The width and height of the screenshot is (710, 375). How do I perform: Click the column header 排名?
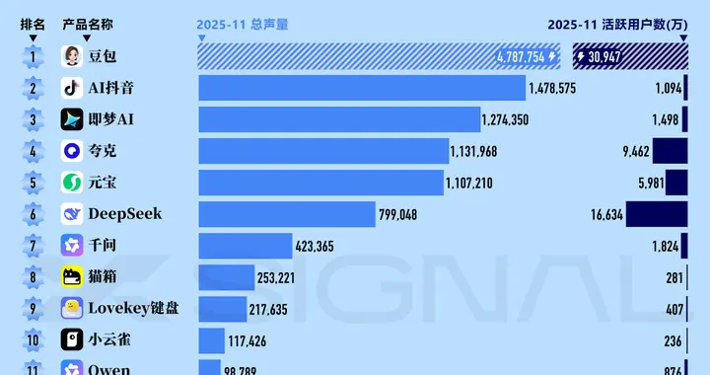pos(33,25)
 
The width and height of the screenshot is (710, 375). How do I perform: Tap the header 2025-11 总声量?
pos(242,25)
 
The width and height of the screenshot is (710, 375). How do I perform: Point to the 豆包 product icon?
pos(72,57)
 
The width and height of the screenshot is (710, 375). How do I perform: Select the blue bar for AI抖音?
pos(362,89)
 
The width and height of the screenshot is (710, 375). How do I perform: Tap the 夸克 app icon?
pos(72,152)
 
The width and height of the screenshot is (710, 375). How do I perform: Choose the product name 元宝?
pos(103,184)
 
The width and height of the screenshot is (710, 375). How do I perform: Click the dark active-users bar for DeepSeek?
pos(656,214)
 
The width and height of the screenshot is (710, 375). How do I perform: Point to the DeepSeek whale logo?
pos(72,214)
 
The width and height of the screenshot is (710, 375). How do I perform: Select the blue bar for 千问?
pos(246,246)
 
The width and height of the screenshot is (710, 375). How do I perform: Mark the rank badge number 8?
pos(33,277)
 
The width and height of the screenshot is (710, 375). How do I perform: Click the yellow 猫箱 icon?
pos(72,277)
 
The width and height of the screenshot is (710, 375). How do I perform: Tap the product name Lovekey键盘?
pos(134,309)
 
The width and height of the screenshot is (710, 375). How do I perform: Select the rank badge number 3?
pos(33,120)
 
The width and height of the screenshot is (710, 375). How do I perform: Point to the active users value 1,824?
pos(666,246)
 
